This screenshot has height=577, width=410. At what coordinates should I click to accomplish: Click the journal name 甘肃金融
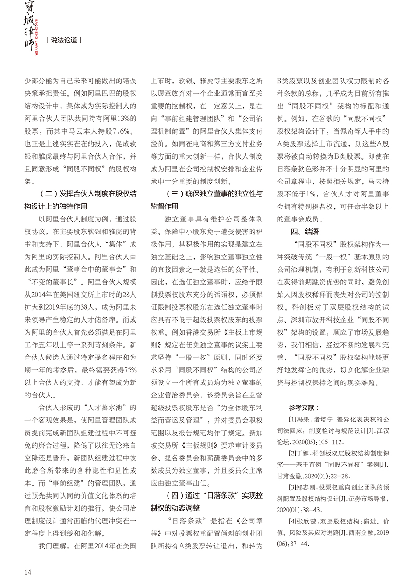click(x=291, y=476)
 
